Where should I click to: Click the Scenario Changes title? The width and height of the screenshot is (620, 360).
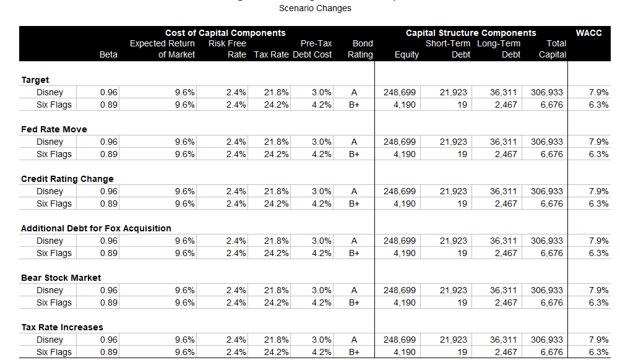tap(315, 8)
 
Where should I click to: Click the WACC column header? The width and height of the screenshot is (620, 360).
tap(588, 33)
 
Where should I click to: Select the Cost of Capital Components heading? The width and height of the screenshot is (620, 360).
tap(225, 33)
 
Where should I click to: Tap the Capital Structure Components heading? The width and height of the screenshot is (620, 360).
tap(470, 33)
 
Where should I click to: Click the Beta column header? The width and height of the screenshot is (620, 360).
tap(108, 54)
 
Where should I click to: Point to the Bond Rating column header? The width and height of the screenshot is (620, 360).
tap(361, 49)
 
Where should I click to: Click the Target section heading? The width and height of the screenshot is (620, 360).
tap(35, 80)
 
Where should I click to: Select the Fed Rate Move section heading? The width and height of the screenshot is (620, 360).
tap(54, 129)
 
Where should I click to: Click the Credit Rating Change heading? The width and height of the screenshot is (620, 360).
tap(67, 179)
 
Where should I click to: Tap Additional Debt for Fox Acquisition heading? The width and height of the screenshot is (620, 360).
tap(96, 228)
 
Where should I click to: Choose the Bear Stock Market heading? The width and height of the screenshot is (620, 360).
tap(61, 278)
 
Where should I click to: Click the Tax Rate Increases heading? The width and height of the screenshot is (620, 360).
tap(62, 327)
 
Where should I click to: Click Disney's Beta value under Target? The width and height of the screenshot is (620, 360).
tap(109, 92)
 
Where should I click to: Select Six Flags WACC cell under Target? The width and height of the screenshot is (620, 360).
tap(598, 105)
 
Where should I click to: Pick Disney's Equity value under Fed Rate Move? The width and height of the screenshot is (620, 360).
tap(400, 142)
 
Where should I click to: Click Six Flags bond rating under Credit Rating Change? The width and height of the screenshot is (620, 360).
tap(354, 204)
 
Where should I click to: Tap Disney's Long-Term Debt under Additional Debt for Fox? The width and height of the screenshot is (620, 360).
tap(505, 241)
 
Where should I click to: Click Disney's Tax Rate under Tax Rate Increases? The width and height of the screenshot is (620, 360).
tap(276, 340)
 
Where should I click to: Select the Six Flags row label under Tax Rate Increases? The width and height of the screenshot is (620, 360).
tap(54, 352)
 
